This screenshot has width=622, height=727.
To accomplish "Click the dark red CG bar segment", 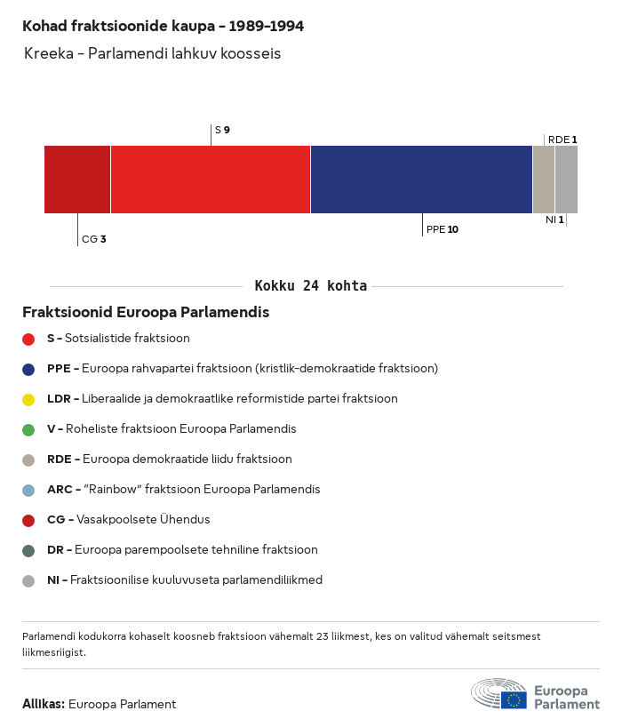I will pos(77,180).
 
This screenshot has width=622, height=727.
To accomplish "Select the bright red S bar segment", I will pos(211,180).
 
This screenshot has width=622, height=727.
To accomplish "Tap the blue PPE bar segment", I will pos(421,180).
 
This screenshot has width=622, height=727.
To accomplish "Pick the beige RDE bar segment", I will pos(543,180).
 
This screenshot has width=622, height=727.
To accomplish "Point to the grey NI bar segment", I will pos(566,180).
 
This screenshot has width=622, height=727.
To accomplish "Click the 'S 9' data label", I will pos(222,131).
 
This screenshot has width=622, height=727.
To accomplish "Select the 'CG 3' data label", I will pos(93,239).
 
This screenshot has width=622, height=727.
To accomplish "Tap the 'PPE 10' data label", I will pos(442,229).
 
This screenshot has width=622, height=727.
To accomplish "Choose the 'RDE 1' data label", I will pos(562,140).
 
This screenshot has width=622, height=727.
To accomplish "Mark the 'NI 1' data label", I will pos(554,220).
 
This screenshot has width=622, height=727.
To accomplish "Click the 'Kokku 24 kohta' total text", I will pos(310,286).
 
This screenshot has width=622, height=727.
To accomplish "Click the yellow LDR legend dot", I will pos(28,399).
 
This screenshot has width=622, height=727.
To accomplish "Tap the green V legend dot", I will pos(28,429).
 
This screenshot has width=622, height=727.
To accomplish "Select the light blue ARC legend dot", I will pos(28,490).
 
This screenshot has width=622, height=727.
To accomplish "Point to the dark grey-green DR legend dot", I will pos(28,550).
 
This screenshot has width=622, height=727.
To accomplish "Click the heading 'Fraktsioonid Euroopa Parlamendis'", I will pos(146,313).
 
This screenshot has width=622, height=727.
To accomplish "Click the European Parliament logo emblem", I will pos(498,694).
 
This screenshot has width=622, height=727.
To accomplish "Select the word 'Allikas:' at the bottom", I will pos(43,704).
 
